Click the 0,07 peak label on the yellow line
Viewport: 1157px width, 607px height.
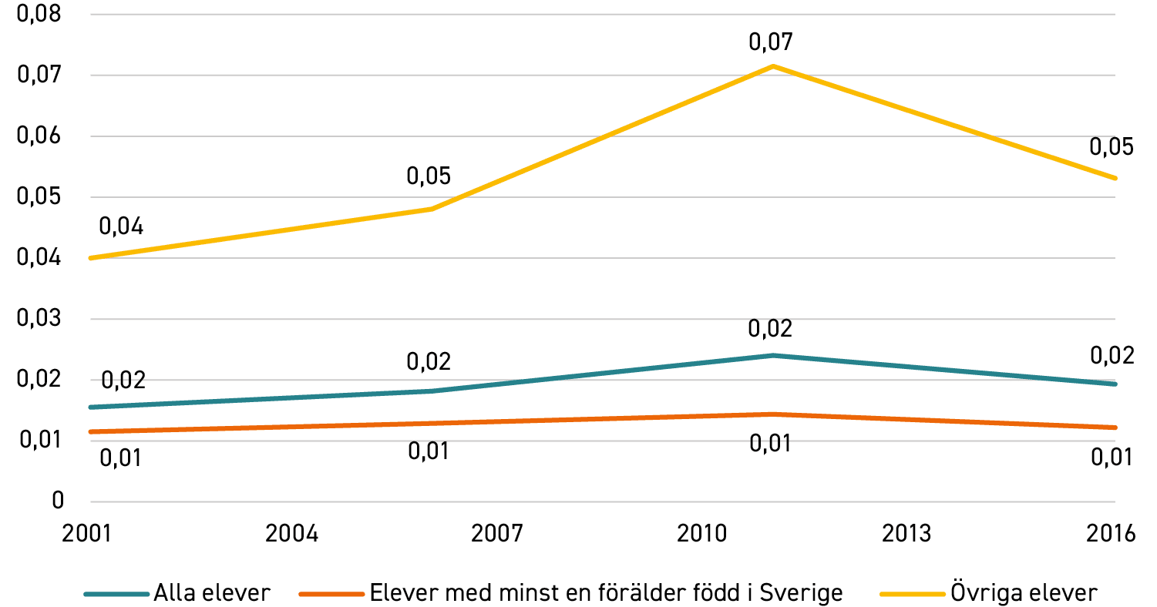(x=771, y=42)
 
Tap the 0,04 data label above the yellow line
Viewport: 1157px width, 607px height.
(x=121, y=226)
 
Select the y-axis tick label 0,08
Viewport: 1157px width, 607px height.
(x=39, y=13)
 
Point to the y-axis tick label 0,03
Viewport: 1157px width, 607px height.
(x=39, y=317)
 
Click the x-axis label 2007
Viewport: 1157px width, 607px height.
(x=497, y=533)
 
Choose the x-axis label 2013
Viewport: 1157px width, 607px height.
(x=906, y=533)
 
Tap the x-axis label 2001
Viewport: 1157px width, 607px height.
(x=87, y=533)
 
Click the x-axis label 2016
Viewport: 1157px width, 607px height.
(x=1111, y=533)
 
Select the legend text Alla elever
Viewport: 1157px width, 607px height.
(x=212, y=592)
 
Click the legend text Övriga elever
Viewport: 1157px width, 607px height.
(x=1024, y=592)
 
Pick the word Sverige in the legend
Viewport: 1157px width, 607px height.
(x=801, y=593)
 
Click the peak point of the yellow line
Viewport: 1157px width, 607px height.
(x=772, y=66)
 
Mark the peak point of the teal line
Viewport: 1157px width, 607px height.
(x=772, y=355)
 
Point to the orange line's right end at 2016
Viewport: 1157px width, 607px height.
(x=1115, y=428)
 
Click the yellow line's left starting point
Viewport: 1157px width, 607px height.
(x=91, y=258)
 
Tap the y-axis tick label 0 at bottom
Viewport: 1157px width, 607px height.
(x=58, y=500)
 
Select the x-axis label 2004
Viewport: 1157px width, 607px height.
(x=292, y=533)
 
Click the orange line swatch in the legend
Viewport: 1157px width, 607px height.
(x=331, y=594)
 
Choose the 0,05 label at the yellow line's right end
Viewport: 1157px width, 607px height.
(x=1111, y=146)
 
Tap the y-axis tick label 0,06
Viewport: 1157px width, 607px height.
(x=39, y=136)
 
